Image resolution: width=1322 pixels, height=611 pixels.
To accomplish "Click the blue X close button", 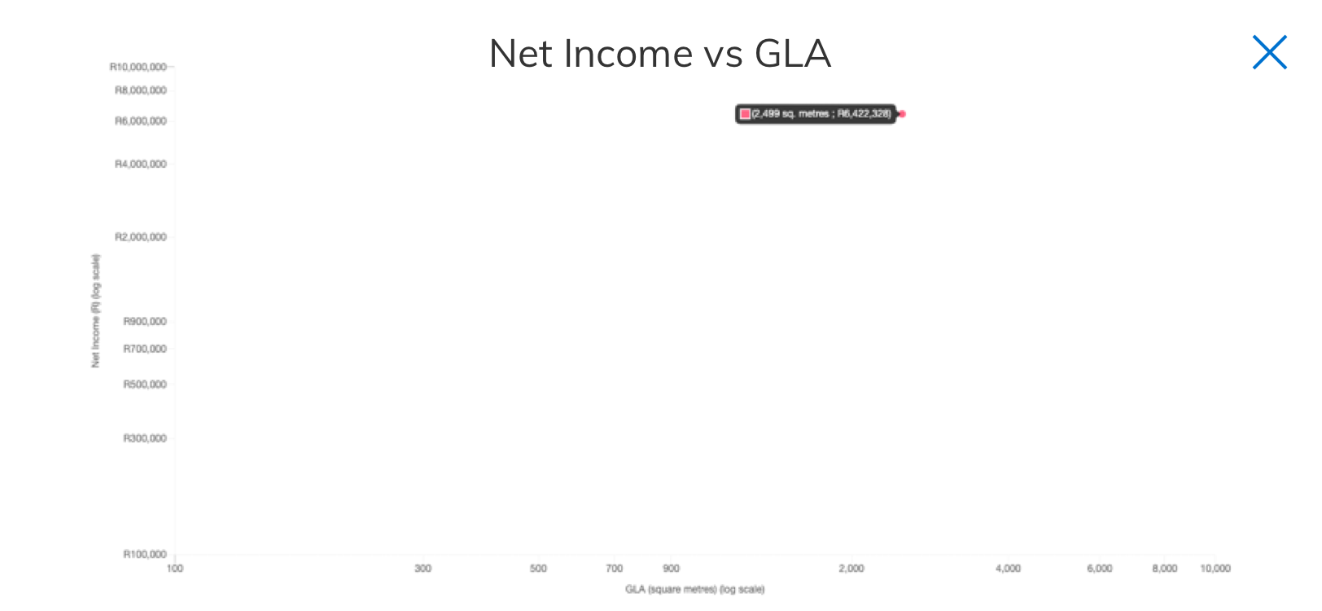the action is pyautogui.click(x=1269, y=52).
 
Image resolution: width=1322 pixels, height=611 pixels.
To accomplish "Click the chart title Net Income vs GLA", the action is pyautogui.click(x=660, y=54).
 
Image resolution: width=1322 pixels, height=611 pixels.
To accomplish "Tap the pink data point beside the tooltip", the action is pyautogui.click(x=902, y=114).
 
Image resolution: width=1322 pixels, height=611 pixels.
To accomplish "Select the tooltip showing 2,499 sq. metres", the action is pyautogui.click(x=816, y=114).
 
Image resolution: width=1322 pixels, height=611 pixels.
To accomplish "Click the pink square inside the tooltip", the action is pyautogui.click(x=746, y=114).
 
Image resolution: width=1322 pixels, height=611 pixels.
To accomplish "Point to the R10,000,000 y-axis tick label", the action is pyautogui.click(x=138, y=67).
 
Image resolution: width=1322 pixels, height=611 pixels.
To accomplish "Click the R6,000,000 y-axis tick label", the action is pyautogui.click(x=141, y=121).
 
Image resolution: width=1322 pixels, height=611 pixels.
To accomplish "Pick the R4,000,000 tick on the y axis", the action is pyautogui.click(x=141, y=164).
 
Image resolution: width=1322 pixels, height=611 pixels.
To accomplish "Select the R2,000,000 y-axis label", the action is pyautogui.click(x=141, y=237).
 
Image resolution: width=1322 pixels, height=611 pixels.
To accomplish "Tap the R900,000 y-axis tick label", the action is pyautogui.click(x=145, y=322).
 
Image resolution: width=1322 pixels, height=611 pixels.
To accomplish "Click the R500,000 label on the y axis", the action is pyautogui.click(x=145, y=385).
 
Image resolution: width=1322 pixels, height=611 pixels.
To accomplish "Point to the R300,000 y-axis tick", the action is pyautogui.click(x=145, y=438).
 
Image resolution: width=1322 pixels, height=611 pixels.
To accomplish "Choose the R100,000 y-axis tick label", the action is pyautogui.click(x=145, y=554).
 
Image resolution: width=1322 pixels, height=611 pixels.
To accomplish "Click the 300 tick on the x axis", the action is pyautogui.click(x=423, y=569).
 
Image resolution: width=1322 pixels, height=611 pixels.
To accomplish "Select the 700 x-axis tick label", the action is pyautogui.click(x=615, y=569).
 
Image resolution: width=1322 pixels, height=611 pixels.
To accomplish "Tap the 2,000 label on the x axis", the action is pyautogui.click(x=851, y=569).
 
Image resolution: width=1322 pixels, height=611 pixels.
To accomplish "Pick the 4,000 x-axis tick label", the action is pyautogui.click(x=1008, y=569).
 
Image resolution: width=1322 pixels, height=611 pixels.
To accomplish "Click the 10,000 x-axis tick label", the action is pyautogui.click(x=1215, y=569).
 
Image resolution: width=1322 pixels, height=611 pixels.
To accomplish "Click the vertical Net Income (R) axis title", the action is pyautogui.click(x=95, y=311).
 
